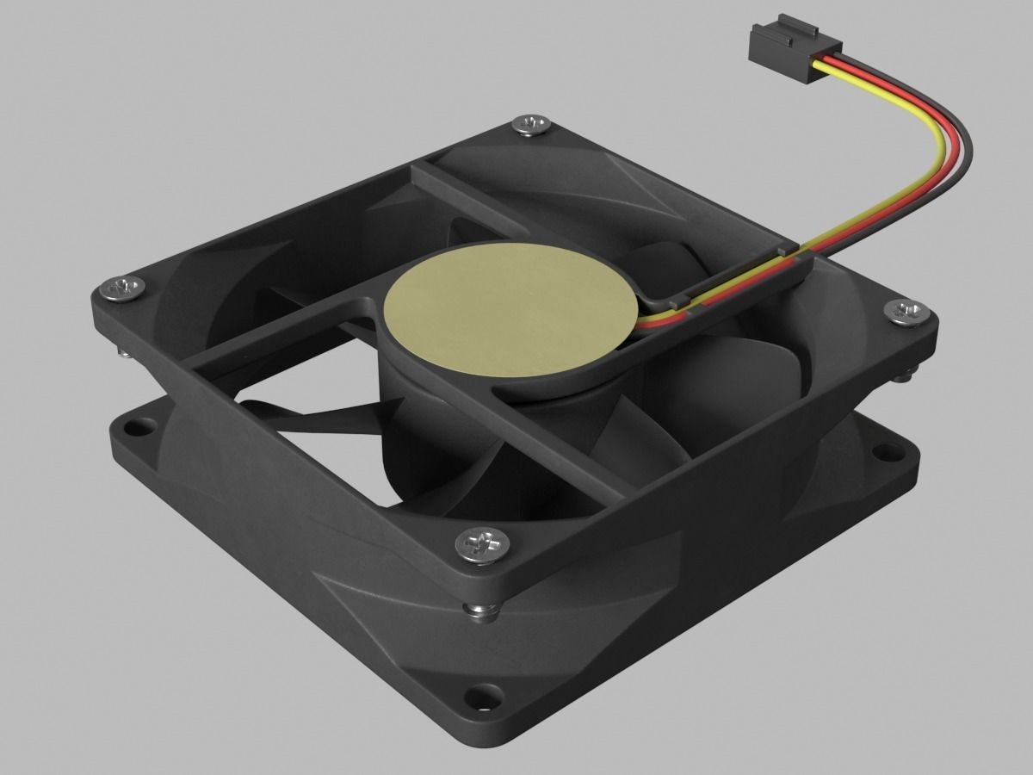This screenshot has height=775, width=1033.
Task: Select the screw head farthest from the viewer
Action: [x=531, y=126]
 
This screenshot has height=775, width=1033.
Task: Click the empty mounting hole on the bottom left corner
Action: [x=139, y=427]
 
